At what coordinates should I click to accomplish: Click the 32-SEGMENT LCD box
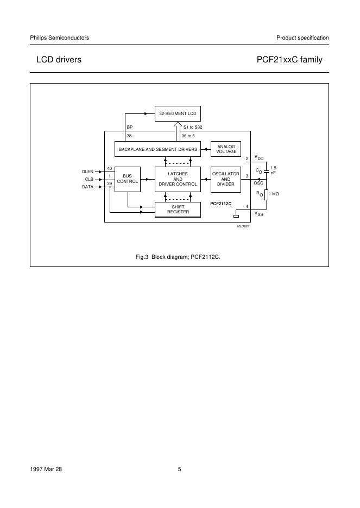(178, 113)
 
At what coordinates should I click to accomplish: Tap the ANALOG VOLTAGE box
(226, 149)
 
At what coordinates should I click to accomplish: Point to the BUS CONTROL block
(128, 179)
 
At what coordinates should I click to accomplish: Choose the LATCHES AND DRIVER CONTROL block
(178, 179)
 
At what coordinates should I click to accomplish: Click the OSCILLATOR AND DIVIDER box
(225, 179)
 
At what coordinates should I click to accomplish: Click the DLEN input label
(87, 172)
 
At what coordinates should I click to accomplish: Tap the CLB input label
(89, 179)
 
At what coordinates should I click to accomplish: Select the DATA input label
(87, 187)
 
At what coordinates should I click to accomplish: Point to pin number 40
(110, 168)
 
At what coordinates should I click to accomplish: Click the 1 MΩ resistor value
(274, 194)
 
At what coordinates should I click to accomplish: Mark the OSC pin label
(258, 183)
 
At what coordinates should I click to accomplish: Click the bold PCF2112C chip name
(221, 203)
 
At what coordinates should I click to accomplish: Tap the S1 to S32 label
(193, 127)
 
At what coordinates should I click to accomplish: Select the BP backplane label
(129, 127)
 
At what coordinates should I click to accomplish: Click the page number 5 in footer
(179, 469)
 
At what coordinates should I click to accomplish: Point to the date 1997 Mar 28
(46, 469)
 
